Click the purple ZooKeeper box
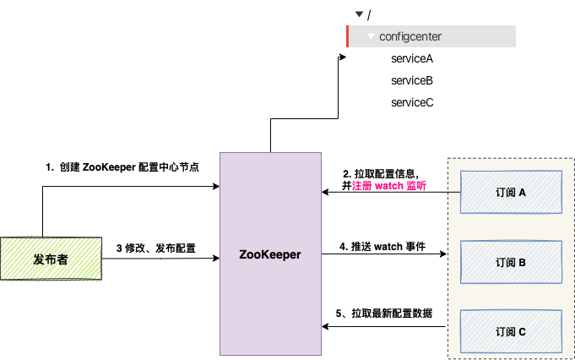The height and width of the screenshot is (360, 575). (x=270, y=254)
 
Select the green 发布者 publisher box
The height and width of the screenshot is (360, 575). (x=51, y=259)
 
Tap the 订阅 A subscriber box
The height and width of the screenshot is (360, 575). (x=510, y=193)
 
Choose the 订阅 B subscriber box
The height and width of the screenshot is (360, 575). (x=510, y=262)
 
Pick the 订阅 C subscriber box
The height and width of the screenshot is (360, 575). (x=510, y=331)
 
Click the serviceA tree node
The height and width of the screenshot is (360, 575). (x=412, y=59)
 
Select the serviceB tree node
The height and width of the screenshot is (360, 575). (x=412, y=80)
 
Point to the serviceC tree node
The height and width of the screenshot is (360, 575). (x=412, y=102)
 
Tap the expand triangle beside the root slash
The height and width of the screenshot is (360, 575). (x=359, y=14)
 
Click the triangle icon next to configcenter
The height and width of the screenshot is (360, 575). (x=371, y=36)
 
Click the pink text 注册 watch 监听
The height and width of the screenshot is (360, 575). (x=388, y=186)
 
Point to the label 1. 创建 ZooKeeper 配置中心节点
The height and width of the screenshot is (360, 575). (x=122, y=167)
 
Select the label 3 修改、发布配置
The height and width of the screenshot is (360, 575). (x=156, y=248)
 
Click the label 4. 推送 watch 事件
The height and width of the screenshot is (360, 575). (x=382, y=247)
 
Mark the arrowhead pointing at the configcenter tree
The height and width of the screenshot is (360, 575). (x=343, y=57)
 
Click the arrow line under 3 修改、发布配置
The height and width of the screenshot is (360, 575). (x=160, y=258)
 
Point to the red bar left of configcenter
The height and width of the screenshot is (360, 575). (x=348, y=36)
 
